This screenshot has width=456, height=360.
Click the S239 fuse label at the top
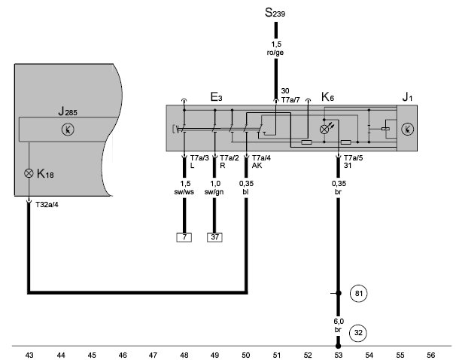(x=275, y=13)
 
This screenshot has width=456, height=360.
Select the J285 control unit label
(x=68, y=111)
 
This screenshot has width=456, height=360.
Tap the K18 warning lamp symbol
(x=29, y=173)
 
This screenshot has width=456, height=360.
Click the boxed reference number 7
(x=184, y=237)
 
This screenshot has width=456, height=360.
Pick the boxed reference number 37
(x=214, y=237)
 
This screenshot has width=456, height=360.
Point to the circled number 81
(x=359, y=294)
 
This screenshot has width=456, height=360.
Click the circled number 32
(x=358, y=333)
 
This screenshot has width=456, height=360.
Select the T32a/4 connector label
(x=47, y=205)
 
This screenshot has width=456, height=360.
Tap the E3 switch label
(x=216, y=97)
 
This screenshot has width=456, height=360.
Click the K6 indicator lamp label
(x=327, y=97)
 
